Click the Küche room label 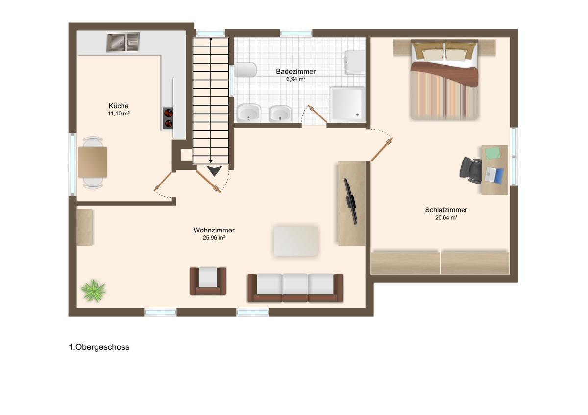click(x=119, y=106)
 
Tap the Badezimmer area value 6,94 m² click(x=295, y=79)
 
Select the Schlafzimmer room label click(x=446, y=210)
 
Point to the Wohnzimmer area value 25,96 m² click(x=214, y=238)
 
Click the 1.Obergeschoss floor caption click(x=99, y=347)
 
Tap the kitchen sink click(x=122, y=42)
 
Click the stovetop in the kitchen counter click(x=168, y=118)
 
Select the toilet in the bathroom click(x=245, y=69)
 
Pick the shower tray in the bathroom click(x=347, y=104)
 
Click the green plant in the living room click(x=93, y=291)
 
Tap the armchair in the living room click(x=208, y=281)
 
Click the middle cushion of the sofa click(x=295, y=288)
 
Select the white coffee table click(x=296, y=241)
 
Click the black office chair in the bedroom click(x=470, y=170)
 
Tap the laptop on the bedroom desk click(x=494, y=175)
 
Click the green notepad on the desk click(x=492, y=153)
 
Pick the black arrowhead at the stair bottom click(x=215, y=171)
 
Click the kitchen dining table click(x=93, y=162)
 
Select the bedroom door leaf click(x=382, y=149)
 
